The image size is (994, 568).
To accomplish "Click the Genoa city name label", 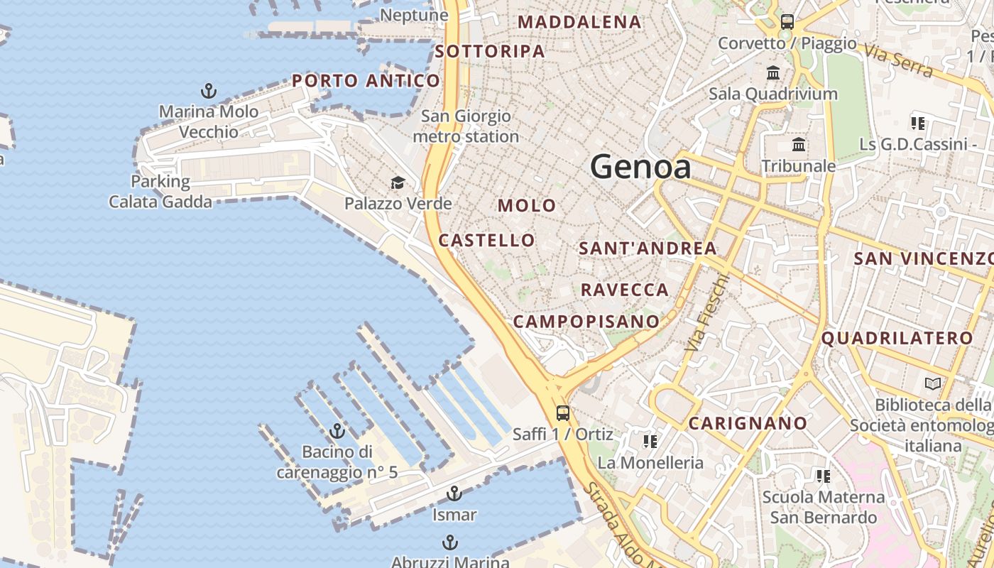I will coord(640,168).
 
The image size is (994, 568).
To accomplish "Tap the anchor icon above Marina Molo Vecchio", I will coord(209,91).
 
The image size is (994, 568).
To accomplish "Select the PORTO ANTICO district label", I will coord(366,81).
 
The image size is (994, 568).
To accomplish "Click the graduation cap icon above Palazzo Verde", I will coord(398,183).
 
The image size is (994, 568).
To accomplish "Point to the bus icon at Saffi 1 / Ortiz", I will coord(563,413).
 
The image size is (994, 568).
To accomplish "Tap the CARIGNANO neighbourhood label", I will coord(748,424).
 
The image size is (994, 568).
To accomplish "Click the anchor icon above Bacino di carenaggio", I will coord(337,431).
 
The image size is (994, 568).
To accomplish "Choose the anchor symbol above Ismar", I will coord(454,493).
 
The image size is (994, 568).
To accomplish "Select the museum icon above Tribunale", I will coord(799,145).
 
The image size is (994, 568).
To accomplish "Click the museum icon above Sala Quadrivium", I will coord(773,72).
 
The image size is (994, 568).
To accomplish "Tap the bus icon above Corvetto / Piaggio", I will coord(787,21).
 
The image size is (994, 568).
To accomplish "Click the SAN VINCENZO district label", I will coord(923,258).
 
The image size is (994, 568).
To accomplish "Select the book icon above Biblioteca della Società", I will coord(932,384).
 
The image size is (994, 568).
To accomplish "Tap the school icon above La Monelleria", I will coord(650,442).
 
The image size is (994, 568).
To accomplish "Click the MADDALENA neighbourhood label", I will coord(579,22).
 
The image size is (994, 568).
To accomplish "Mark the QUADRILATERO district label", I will coord(897,339).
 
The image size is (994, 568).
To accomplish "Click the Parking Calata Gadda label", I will coord(160,192).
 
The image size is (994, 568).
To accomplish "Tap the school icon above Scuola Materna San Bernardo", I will coord(824,476).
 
